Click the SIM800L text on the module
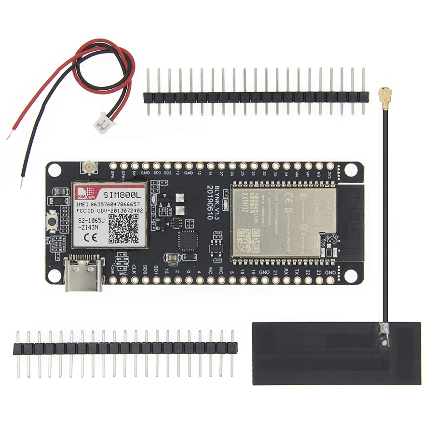(x=122, y=194)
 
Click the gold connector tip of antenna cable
(x=384, y=92)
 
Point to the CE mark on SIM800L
(x=88, y=237)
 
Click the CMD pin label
(x=145, y=173)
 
